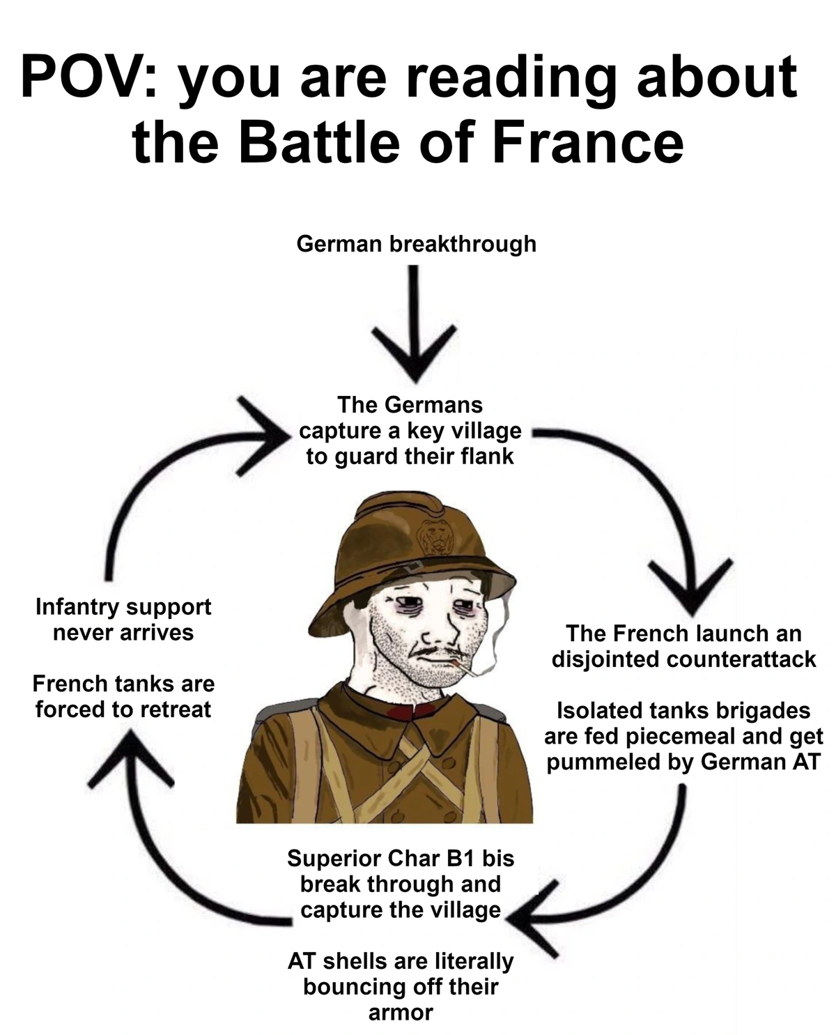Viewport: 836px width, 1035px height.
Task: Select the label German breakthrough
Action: pos(416,244)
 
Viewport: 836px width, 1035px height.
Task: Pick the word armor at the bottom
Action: pos(401,1013)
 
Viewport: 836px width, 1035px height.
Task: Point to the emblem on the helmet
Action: pos(434,537)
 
